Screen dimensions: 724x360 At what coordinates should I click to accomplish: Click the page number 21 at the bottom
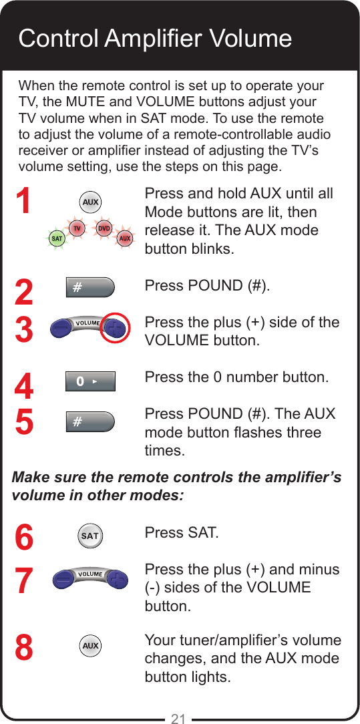click(178, 718)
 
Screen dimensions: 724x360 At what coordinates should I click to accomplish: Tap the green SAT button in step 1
click(57, 238)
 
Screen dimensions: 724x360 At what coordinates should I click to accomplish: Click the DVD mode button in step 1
click(104, 228)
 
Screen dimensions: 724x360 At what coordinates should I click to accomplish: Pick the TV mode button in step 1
click(77, 228)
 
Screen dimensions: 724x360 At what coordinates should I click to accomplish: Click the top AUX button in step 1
click(90, 202)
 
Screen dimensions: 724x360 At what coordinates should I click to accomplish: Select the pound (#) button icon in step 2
click(90, 288)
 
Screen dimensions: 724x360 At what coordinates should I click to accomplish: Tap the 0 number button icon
click(90, 381)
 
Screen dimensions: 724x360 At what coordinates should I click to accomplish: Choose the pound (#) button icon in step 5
click(90, 422)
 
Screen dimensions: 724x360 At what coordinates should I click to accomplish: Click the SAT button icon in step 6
click(90, 536)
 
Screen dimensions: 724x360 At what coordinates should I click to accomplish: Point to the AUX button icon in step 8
click(90, 646)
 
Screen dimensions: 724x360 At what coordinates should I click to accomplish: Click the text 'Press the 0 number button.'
click(236, 377)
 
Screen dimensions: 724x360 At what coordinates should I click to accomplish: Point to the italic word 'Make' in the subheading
click(31, 478)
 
